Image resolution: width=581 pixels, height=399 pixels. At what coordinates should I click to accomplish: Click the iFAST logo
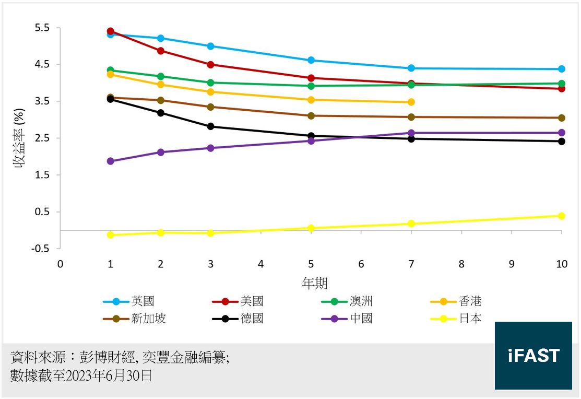pos(533,356)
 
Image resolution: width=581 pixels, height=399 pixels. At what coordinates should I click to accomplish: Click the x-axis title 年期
pos(315,284)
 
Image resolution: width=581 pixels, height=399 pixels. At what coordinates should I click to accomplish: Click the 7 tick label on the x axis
pos(411,264)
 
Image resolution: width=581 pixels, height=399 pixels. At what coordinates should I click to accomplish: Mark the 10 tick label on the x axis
pos(561,264)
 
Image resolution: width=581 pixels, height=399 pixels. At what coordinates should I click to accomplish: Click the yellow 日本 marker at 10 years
pos(562,216)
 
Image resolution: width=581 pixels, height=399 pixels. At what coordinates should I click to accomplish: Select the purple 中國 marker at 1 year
pos(111,161)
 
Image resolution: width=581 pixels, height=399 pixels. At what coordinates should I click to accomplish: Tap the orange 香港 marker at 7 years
pos(411,102)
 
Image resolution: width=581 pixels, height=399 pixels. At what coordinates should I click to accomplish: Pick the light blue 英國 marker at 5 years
pos(311,60)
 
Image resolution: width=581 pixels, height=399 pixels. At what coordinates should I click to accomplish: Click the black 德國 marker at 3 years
pos(211,126)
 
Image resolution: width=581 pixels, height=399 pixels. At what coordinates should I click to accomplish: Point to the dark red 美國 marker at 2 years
pos(161,51)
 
